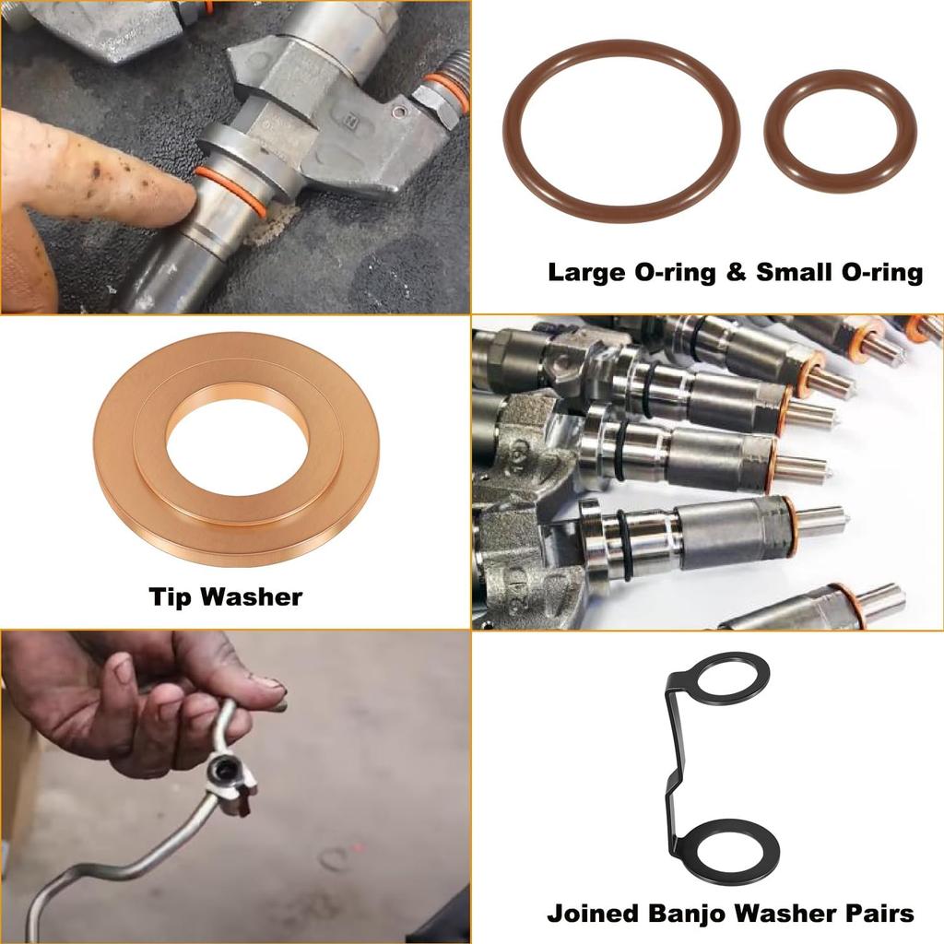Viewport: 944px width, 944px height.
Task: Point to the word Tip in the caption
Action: (171, 597)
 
